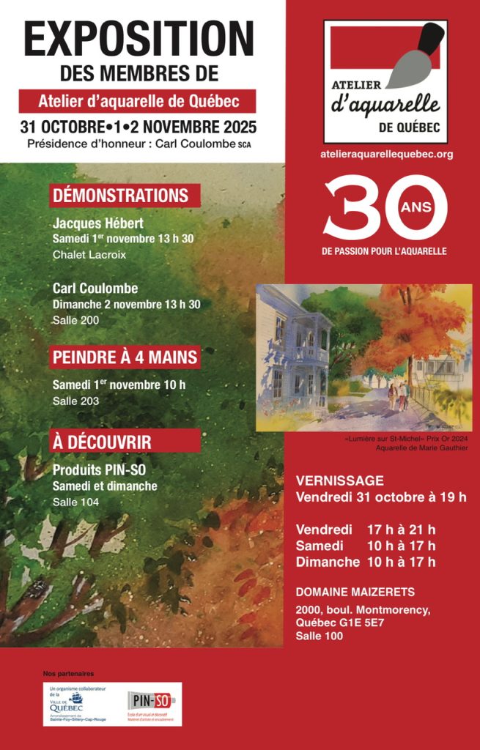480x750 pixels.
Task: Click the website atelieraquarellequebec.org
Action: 386,154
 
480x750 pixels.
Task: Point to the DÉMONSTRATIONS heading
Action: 120,196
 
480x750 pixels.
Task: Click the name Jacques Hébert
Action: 98,223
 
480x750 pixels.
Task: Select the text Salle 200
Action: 75,321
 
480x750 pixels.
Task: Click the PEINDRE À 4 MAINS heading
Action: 125,357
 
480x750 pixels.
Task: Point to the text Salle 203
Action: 75,401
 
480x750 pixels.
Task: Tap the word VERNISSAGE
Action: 339,481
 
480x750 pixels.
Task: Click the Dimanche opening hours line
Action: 365,562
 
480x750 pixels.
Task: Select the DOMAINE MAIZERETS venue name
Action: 355,591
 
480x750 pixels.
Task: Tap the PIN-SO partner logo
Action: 151,702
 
